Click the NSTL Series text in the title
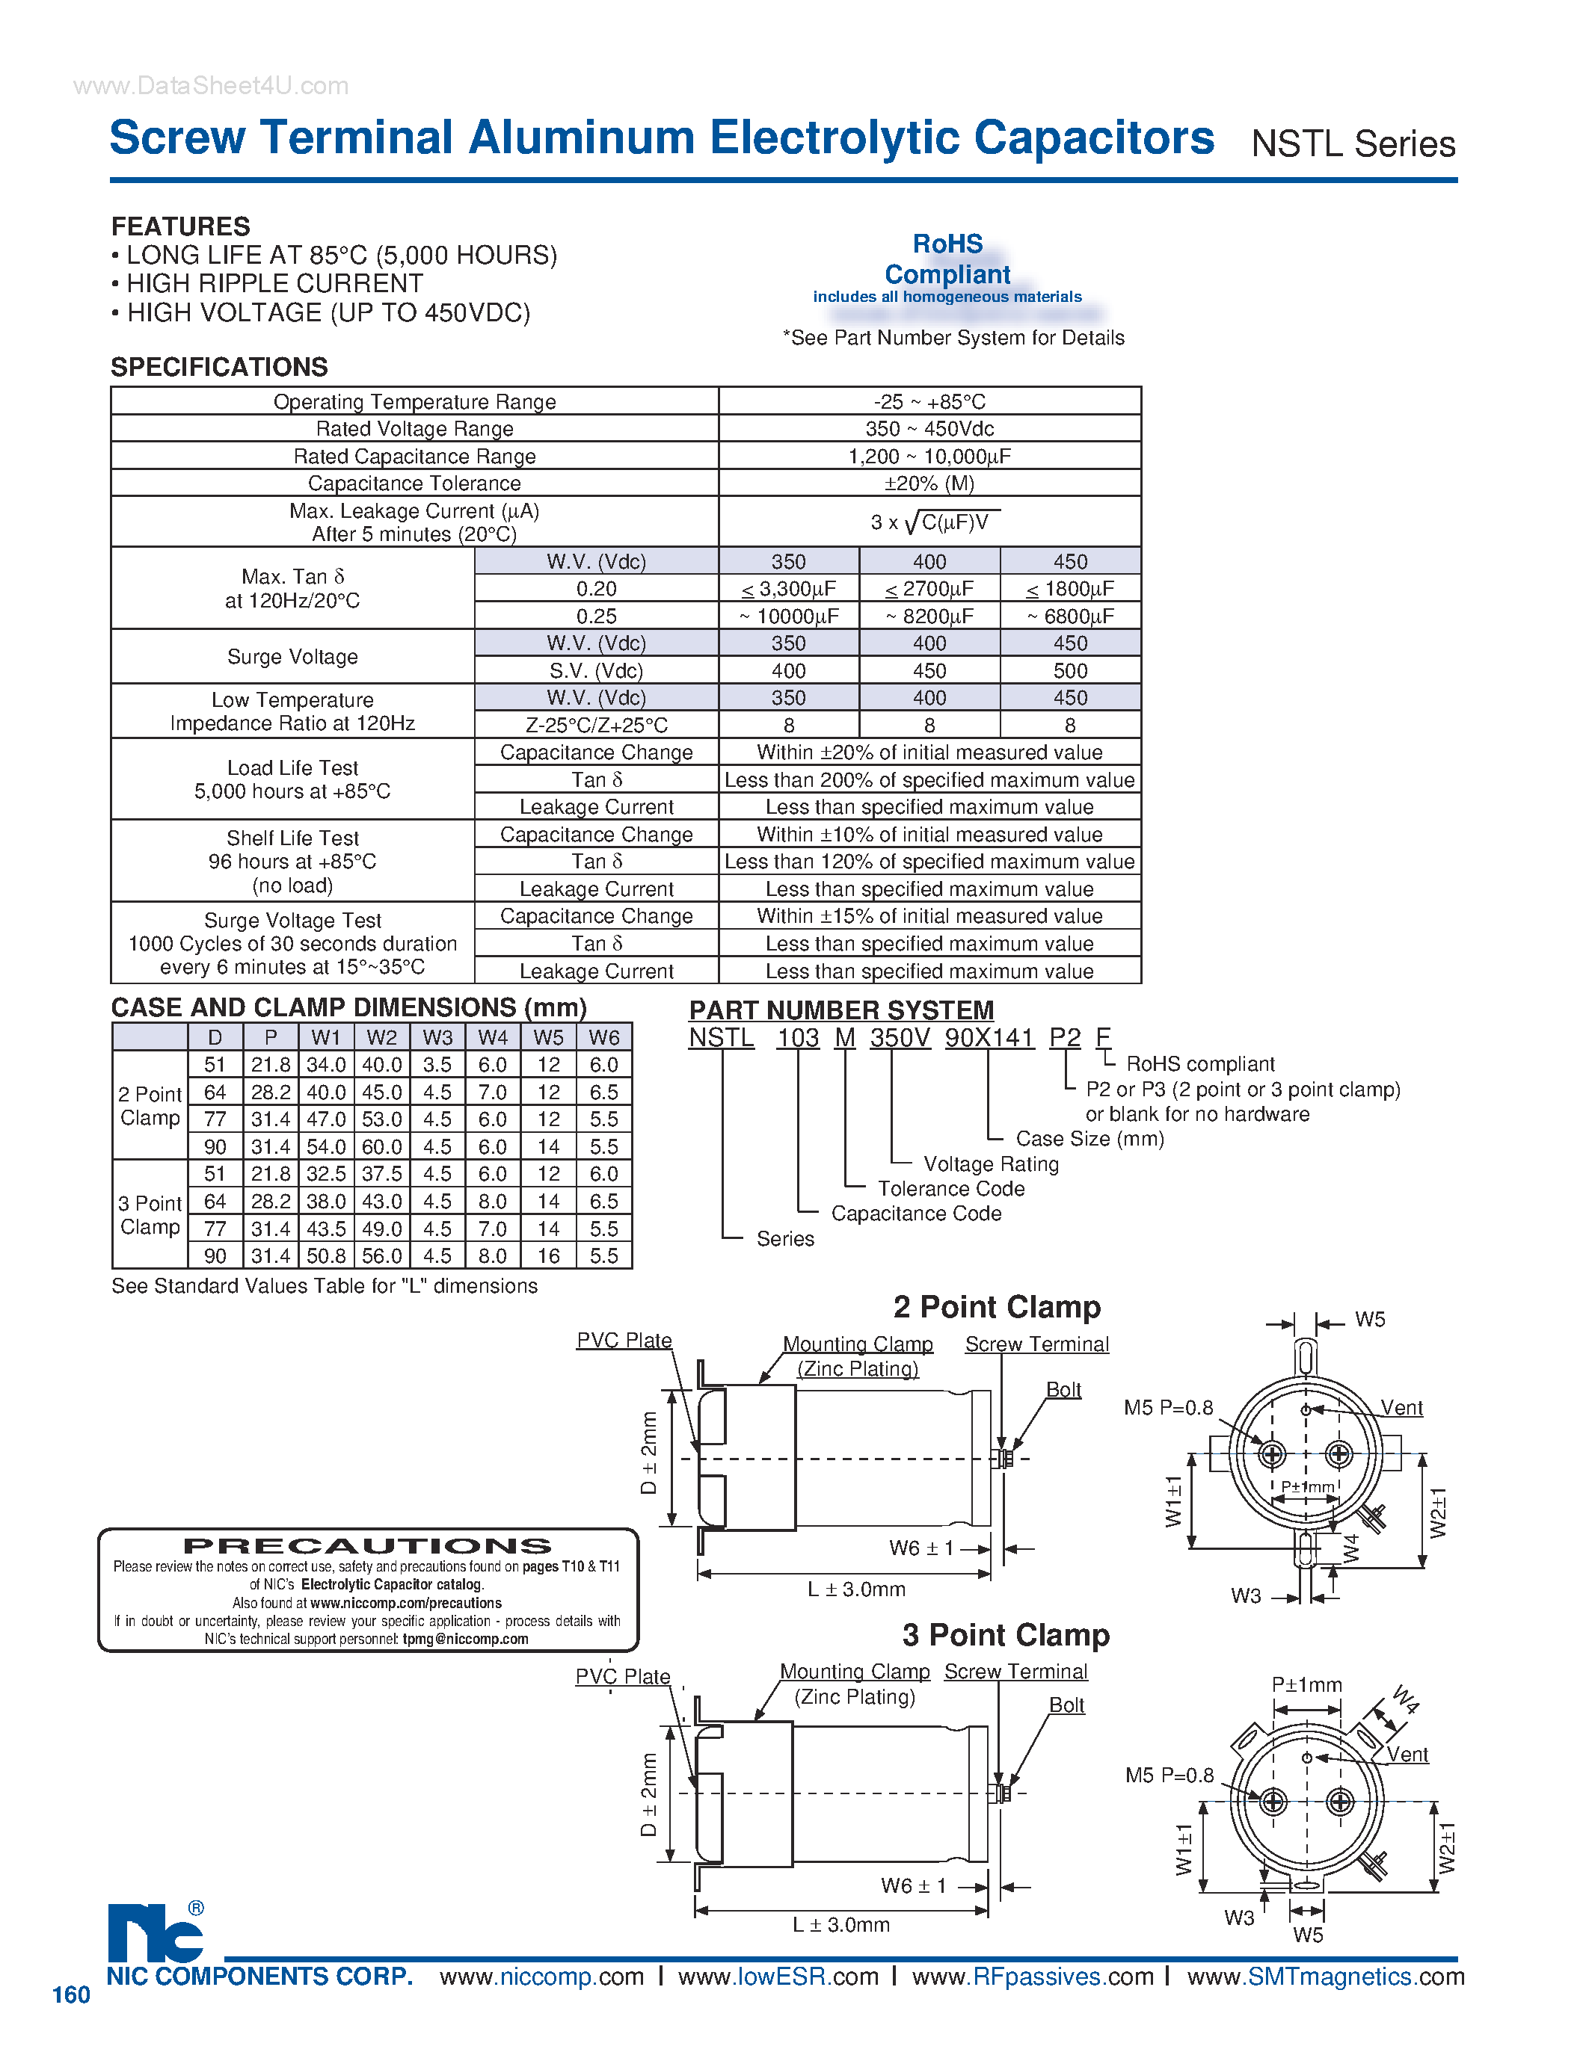pos(1352,144)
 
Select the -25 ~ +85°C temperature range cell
pos(929,402)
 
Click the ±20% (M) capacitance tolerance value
pos(929,483)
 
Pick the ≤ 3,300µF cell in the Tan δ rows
pos(789,589)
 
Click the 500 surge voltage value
pos(1070,671)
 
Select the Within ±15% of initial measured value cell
pos(929,916)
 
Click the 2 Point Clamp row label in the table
pos(150,1106)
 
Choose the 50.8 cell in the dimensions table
pos(326,1256)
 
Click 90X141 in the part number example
pos(989,1038)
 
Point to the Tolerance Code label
pos(950,1188)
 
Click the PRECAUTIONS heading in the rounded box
pos(368,1546)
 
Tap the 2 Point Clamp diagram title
pos(997,1307)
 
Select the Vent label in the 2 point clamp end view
pos(1401,1408)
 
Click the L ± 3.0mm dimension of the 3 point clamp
pos(840,1925)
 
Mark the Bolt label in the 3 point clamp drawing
pos(1066,1705)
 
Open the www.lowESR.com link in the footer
pos(778,1977)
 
